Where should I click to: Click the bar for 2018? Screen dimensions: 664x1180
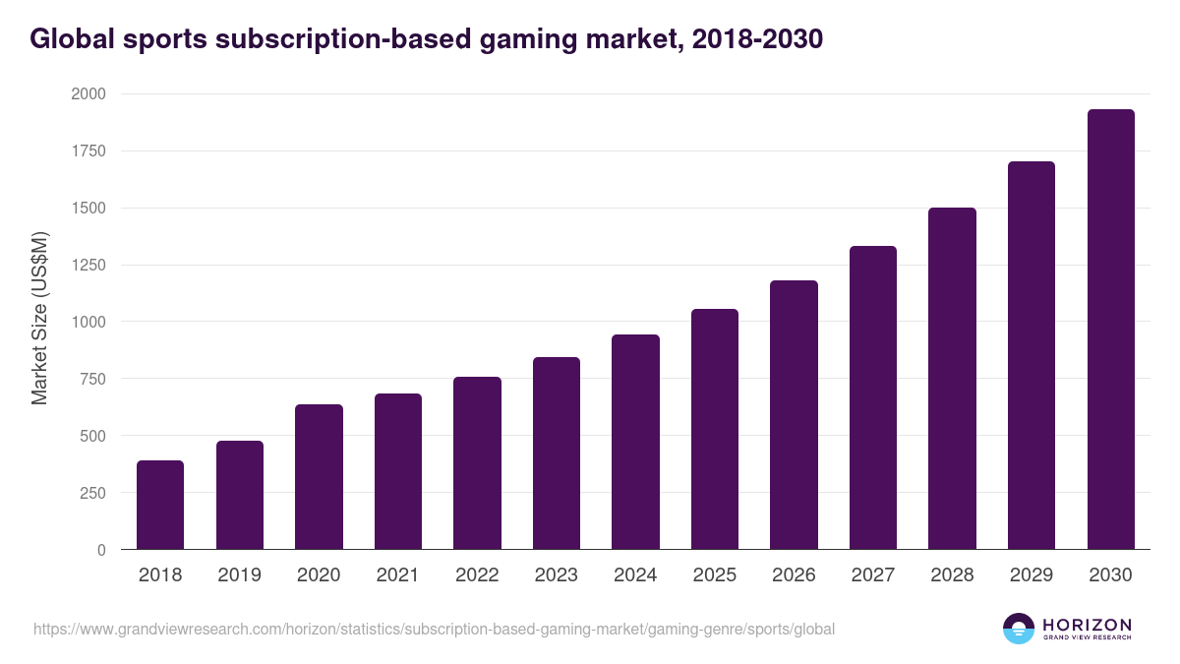pos(160,505)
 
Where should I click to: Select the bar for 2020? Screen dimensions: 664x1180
pos(319,477)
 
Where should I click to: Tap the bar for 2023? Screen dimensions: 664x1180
pos(557,453)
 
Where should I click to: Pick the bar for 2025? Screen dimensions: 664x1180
pos(715,429)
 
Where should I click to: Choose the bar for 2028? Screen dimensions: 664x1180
pos(952,379)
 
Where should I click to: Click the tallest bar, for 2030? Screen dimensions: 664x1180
pos(1110,330)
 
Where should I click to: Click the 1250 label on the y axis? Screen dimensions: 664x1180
pos(88,266)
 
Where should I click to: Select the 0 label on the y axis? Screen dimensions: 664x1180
pos(101,550)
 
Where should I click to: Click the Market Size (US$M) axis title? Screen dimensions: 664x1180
pos(39,318)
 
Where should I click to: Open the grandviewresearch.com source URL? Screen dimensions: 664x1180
pos(434,630)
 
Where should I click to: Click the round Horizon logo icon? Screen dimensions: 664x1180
pos(1018,629)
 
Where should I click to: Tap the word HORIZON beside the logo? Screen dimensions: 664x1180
pos(1087,625)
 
